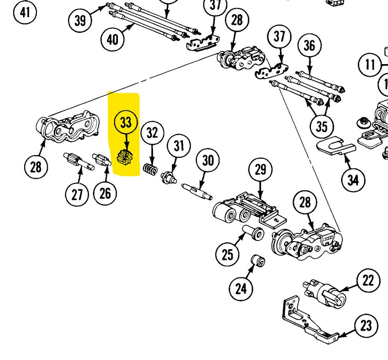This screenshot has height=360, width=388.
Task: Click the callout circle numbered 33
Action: [126, 123]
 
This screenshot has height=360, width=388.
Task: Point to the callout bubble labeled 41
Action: [25, 12]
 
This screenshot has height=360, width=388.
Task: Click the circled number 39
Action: [80, 20]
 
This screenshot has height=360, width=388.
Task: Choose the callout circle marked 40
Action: [113, 39]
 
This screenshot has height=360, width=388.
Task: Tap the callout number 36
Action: [310, 46]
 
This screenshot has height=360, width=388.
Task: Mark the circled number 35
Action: [322, 127]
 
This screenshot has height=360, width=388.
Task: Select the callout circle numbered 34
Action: [353, 180]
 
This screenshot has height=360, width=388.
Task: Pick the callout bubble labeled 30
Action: [208, 160]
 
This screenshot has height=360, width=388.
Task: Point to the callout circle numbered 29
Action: [260, 170]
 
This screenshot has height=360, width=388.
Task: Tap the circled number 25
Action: [227, 254]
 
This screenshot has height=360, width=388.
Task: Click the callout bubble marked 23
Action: [366, 326]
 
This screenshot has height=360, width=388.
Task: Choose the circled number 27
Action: [78, 194]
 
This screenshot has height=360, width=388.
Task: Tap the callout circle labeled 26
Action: [105, 193]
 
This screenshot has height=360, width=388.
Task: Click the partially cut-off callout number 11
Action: [370, 64]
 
